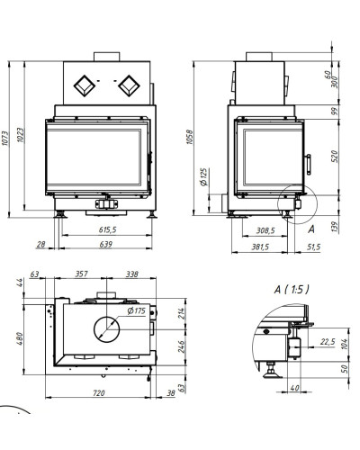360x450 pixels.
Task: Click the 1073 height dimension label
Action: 5,138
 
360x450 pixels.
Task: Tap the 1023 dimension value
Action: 20,135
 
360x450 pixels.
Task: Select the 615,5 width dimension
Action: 107,229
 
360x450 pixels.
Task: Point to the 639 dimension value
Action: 105,245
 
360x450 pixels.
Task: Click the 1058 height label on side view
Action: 190,137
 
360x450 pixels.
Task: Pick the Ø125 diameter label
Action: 203,177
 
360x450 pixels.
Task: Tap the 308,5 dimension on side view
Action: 265,230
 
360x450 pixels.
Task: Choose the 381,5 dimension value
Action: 260,247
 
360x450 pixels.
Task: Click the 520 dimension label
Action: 334,157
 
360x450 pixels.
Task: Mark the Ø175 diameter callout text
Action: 136,310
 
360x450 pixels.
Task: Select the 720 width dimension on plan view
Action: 99,392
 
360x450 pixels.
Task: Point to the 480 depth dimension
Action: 20,338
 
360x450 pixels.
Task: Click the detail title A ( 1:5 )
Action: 292,290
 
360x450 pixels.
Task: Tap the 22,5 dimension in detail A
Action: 328,342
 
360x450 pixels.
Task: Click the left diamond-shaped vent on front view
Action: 85,85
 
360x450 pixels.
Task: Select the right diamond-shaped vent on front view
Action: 129,85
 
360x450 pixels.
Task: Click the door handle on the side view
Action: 308,165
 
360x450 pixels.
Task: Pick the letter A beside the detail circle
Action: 311,229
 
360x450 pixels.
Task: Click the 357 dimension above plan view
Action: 81,274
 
